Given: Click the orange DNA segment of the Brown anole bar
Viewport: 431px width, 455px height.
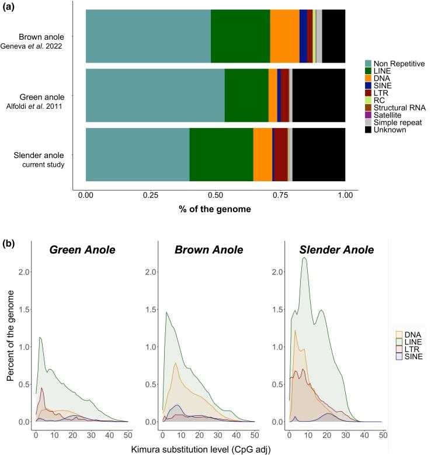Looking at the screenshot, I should (284, 36).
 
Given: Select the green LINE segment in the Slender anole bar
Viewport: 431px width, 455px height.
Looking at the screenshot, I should (221, 154).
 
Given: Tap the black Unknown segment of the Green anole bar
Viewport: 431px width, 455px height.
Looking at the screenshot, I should (318, 95).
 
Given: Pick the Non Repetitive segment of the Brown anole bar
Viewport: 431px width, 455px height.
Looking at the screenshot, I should (148, 36).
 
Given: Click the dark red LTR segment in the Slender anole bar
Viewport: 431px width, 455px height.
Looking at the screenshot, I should (281, 154).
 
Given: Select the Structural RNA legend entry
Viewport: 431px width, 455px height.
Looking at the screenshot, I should (398, 108).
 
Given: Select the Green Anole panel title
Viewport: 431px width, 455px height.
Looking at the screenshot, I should (82, 250).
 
